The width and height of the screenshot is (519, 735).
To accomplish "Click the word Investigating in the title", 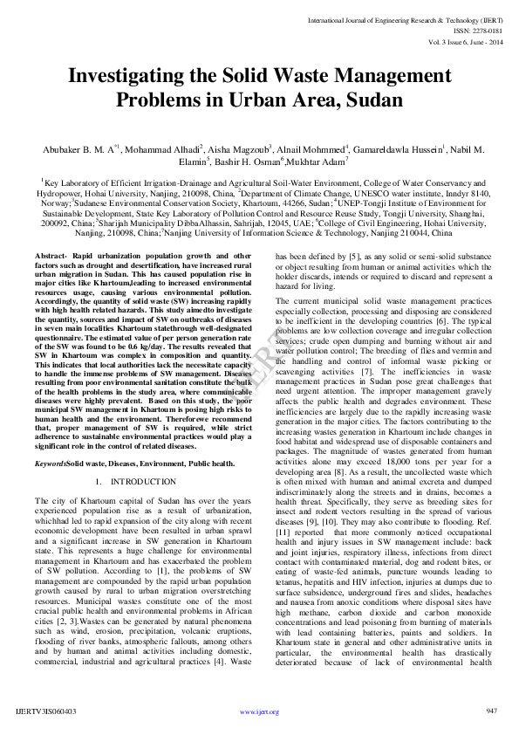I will point(133,77).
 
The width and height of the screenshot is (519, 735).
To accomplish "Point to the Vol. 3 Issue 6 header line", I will point(466,41).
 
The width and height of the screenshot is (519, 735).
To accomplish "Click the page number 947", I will point(492,711).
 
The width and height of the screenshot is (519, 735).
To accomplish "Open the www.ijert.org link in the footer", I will point(259,712).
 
